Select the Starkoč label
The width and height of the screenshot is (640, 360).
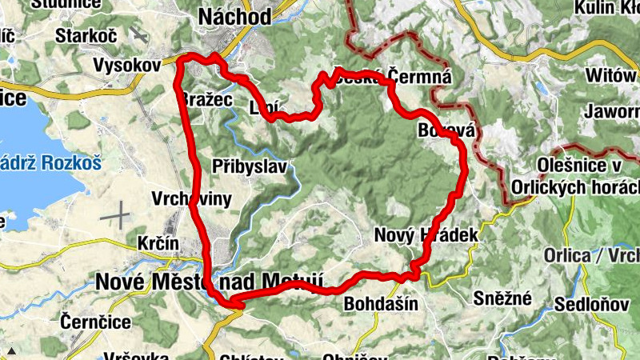[x=86, y=36]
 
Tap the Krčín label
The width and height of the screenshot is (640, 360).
[x=158, y=242]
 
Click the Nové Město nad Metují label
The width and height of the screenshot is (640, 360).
[x=209, y=281]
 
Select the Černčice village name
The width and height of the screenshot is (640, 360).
[x=93, y=322]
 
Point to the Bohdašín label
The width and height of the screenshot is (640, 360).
[x=380, y=304]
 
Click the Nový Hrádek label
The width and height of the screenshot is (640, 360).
[x=426, y=235]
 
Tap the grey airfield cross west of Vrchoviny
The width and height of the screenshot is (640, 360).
[x=115, y=214]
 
